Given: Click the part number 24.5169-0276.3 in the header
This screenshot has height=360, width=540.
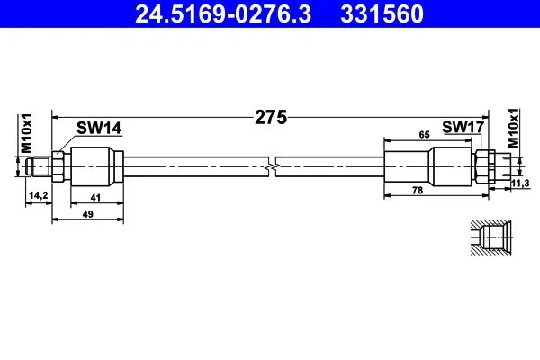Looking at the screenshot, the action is click(223, 14).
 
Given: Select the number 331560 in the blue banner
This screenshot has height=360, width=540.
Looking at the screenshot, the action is click(382, 14).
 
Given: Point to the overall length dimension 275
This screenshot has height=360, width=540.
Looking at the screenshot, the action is click(271, 118).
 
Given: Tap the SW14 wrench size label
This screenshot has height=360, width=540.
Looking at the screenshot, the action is click(99, 128).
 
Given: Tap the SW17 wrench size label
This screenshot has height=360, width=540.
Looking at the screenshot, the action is click(463, 127).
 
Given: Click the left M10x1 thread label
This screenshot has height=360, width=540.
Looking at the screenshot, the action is click(26, 133).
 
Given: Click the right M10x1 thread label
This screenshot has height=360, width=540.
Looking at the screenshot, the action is click(513, 128).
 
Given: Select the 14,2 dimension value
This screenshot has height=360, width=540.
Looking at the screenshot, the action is click(39, 195).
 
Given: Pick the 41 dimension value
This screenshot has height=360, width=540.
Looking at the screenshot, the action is click(95, 198).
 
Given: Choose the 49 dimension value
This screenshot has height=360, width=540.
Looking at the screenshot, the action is click(88, 214).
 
